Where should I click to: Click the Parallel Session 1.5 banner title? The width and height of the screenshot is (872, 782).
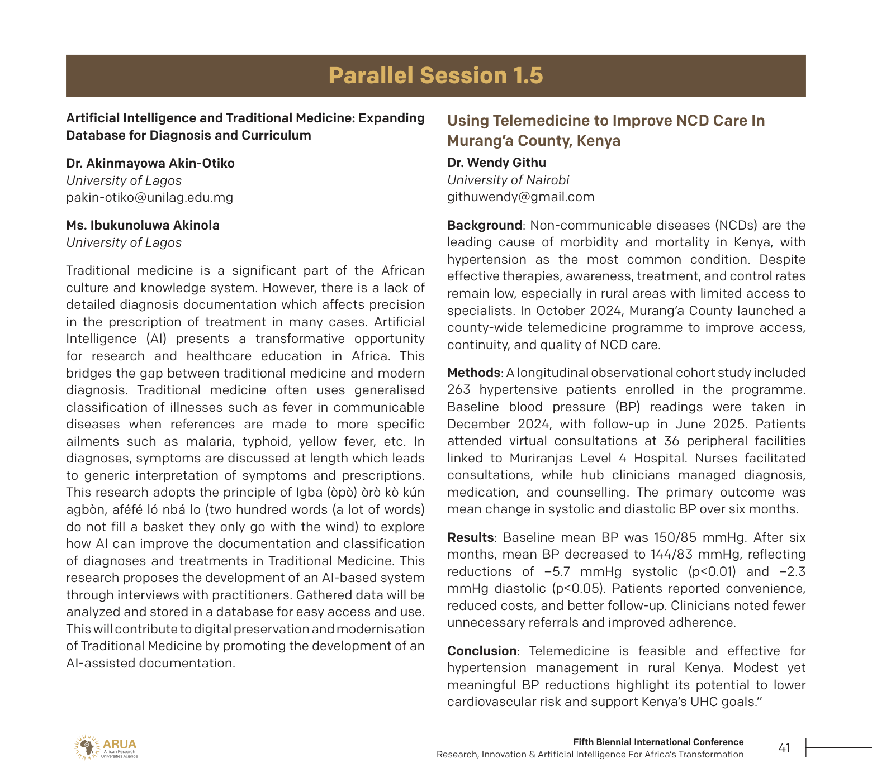tap(435, 75)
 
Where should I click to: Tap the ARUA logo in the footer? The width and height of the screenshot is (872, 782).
tap(106, 747)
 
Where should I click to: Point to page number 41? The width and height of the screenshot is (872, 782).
tap(784, 748)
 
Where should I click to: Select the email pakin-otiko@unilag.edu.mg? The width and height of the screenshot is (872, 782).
tap(149, 197)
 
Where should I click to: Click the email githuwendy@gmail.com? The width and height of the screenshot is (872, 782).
tap(520, 197)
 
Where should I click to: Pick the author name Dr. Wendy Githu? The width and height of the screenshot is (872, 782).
tap(496, 163)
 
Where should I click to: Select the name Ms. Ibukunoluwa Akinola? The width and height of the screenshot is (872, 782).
tap(143, 225)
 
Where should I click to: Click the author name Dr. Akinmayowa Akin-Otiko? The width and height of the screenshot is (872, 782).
tap(150, 163)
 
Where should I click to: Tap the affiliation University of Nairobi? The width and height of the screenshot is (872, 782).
tap(508, 180)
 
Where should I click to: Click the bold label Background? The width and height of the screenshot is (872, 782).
tap(484, 225)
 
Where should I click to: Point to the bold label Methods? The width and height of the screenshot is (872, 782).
tap(473, 373)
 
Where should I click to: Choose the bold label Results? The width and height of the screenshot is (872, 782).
tap(470, 537)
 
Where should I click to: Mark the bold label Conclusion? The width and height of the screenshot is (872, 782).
tap(481, 651)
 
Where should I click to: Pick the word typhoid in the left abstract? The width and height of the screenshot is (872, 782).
tap(266, 442)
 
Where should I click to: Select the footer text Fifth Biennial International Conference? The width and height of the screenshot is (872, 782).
tap(658, 742)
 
